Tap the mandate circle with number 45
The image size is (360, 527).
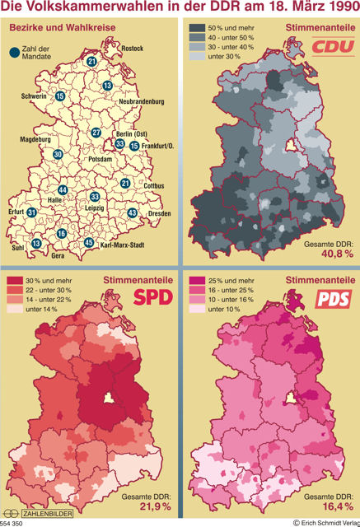click(89, 243)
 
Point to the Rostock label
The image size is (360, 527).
click(132, 49)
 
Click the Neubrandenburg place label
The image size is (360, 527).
click(142, 102)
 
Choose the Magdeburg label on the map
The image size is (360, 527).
click(35, 140)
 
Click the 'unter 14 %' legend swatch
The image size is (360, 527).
click(15, 310)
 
